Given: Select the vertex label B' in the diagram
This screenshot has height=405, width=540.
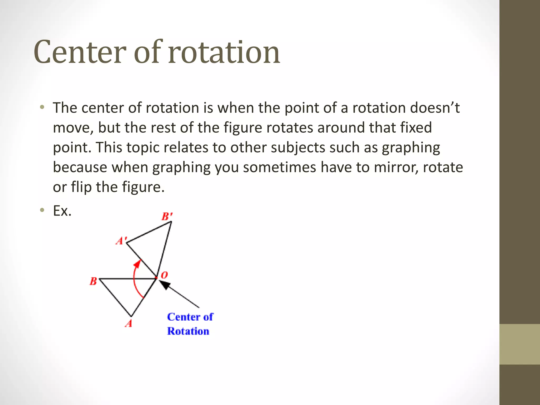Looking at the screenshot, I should pyautogui.click(x=167, y=216).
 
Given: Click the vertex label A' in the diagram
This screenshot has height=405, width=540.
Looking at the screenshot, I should pyautogui.click(x=121, y=240).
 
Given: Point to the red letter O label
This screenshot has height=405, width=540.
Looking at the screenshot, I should pyautogui.click(x=164, y=275).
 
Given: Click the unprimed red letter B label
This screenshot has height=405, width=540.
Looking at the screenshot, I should pyautogui.click(x=93, y=281).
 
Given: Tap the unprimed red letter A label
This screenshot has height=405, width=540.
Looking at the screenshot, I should pyautogui.click(x=129, y=324).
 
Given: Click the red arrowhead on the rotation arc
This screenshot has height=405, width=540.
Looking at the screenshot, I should pyautogui.click(x=137, y=263).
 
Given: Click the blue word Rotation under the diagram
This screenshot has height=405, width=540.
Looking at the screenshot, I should pyautogui.click(x=188, y=331).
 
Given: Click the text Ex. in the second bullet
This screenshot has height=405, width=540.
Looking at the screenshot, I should pyautogui.click(x=62, y=211).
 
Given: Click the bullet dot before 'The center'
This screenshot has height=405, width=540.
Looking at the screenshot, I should pyautogui.click(x=42, y=107).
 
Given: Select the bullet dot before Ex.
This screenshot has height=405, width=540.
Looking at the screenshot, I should pyautogui.click(x=42, y=210).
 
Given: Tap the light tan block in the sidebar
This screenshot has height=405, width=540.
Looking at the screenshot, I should pyautogui.click(x=519, y=344).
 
